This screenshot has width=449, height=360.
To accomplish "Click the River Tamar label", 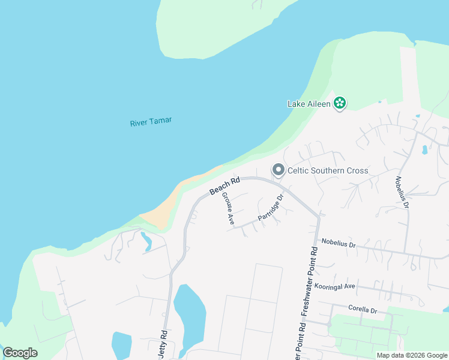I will coord(151,121).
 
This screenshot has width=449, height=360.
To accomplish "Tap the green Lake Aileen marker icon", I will coord(340,103).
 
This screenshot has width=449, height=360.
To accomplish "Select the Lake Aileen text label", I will coord(309,103).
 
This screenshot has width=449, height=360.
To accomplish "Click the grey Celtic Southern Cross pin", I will coord(278,170).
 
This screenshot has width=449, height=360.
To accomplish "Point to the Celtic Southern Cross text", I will coord(328,171).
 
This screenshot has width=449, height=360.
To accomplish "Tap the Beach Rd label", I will coord(224,185).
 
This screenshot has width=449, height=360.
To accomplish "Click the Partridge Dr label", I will coord(270,207).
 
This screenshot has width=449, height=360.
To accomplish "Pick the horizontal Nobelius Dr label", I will coord(339,244).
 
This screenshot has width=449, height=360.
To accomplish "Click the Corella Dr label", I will coord(363,310).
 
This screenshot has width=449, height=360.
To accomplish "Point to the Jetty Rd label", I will coord(162,343).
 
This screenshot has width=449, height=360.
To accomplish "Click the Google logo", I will coord(20,353).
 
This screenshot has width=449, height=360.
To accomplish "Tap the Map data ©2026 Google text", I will coord(412,355).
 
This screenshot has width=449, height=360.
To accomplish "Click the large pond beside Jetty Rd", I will coord(190,315).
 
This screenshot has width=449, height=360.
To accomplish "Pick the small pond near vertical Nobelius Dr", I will coord(425,149).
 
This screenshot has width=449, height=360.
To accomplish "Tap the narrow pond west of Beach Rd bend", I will coord(146,241).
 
